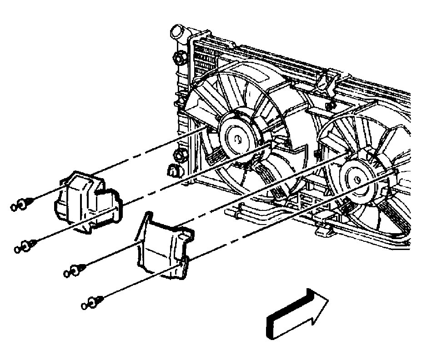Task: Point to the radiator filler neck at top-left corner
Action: point(176,33)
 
